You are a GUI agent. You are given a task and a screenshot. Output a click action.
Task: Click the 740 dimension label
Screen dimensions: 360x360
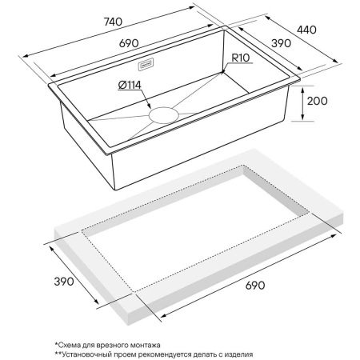point(113,22)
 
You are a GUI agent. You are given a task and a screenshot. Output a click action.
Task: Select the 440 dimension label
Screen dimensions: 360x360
point(306,30)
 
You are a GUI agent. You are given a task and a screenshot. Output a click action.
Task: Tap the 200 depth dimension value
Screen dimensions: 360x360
point(317,101)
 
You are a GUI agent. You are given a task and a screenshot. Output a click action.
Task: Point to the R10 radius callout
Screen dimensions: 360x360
point(241,58)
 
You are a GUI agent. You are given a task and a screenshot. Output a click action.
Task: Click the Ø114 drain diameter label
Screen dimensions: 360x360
point(130,85)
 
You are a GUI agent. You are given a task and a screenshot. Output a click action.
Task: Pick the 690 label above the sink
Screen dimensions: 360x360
point(129,43)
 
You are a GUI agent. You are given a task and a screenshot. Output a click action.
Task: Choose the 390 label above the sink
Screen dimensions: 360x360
point(281,43)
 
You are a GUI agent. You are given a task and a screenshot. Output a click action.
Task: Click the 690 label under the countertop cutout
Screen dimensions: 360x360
point(255,286)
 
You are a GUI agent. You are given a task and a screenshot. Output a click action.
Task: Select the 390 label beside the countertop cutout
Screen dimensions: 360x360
point(64,282)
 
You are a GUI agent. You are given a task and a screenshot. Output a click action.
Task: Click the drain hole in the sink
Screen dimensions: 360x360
point(164,115)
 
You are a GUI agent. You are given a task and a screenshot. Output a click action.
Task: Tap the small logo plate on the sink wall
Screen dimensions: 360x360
point(146,64)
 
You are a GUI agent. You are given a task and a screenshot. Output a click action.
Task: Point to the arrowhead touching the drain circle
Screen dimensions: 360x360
point(149,106)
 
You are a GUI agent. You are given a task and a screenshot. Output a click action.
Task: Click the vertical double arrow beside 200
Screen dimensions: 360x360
point(302,104)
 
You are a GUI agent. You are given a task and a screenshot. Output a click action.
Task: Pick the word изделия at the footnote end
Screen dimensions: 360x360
point(238,355)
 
